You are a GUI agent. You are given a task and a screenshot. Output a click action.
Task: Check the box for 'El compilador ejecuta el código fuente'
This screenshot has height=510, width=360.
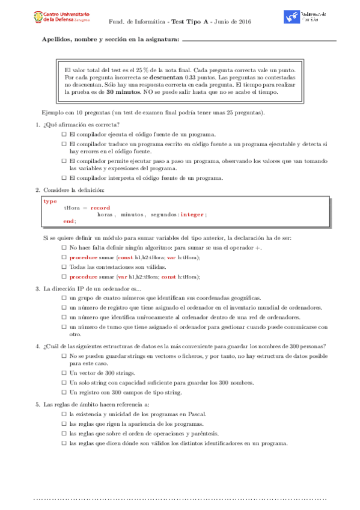(x=64, y=134)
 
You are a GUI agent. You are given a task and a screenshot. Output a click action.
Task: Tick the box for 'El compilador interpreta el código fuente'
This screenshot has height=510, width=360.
(x=64, y=178)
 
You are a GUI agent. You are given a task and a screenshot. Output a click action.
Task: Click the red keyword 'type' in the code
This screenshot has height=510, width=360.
(x=50, y=201)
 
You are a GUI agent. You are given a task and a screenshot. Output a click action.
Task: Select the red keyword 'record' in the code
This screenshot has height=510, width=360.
(x=100, y=207)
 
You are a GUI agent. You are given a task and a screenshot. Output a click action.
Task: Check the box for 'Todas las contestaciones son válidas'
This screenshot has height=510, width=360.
(x=64, y=267)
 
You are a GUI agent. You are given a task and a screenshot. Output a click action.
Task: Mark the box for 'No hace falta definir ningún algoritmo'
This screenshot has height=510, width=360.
(x=64, y=248)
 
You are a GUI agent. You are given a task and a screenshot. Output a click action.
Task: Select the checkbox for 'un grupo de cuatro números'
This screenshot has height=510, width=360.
(x=64, y=298)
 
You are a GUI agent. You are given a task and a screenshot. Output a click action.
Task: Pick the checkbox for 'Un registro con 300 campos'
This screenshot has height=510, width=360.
(x=64, y=392)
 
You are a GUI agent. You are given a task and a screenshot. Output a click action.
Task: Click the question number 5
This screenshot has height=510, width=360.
(x=37, y=404)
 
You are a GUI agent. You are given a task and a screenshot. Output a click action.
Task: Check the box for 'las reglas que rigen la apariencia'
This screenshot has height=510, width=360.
(x=64, y=423)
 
